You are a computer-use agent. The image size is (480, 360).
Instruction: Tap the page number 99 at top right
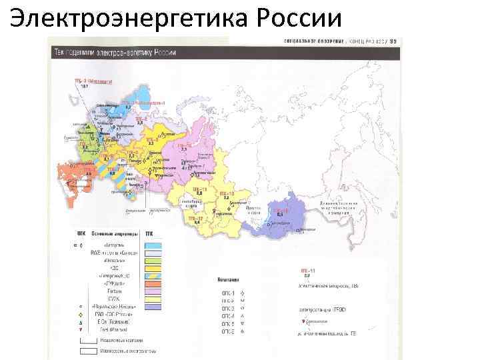pos(393,41)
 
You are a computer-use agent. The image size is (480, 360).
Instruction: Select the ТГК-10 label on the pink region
pos(184,144)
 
